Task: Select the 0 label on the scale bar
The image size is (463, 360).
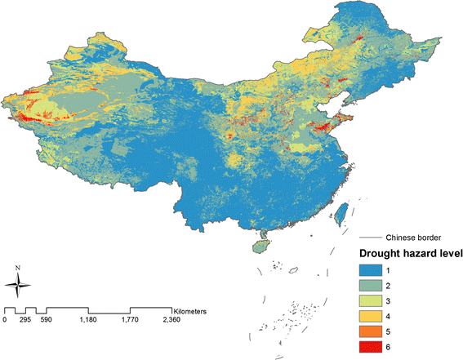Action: pos(5,320)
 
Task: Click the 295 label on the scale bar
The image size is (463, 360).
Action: pos(25,320)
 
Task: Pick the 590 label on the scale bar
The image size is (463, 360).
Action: pos(47,320)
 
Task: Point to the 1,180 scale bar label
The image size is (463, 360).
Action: pos(88,320)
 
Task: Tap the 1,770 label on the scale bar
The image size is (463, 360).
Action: pos(131,320)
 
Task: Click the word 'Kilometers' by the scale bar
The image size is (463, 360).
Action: pos(195,311)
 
